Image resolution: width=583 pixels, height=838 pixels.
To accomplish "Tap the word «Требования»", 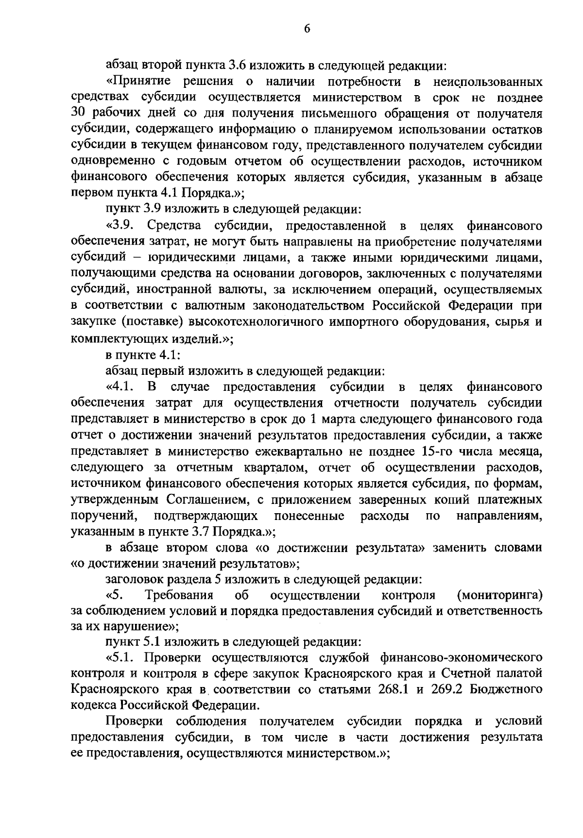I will point(179,595).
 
